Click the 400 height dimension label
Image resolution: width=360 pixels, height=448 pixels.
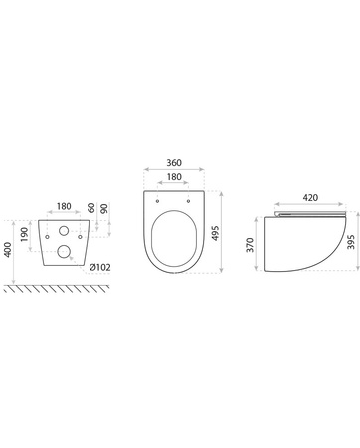pos(8,250)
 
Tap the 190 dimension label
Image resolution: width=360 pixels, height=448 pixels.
pos(24,235)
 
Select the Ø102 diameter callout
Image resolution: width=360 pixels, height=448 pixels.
pos(100,267)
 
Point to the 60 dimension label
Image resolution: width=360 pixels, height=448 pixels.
pos(91,208)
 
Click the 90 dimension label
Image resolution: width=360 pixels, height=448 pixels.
pos(104,209)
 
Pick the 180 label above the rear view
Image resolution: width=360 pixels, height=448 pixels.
pos(64,206)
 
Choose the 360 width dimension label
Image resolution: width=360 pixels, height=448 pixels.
pos(174,163)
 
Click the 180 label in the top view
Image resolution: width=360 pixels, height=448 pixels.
pos(174,177)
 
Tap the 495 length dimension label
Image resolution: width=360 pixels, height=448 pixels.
pos(216,233)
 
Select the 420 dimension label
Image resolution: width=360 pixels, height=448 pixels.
pos(310,198)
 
